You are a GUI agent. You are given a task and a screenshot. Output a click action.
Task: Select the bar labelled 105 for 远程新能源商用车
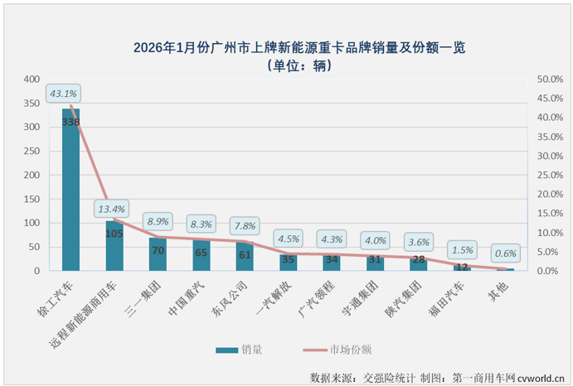pos(114,246)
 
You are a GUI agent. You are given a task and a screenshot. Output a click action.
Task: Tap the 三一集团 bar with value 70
pos(158,254)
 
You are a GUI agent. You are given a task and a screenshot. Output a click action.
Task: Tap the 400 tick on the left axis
pos(31,80)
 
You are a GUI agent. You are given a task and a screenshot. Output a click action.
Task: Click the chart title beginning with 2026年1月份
pos(299,48)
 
